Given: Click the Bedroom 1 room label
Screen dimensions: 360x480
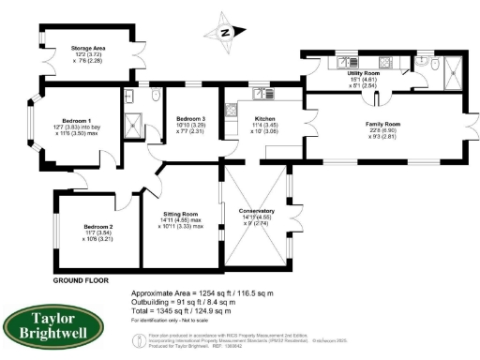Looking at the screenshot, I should click(x=76, y=121).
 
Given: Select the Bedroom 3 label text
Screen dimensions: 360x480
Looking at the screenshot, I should click(x=190, y=117).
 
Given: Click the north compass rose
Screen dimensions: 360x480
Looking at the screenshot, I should click(x=224, y=32).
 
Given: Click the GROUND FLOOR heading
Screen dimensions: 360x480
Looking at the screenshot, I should click(x=80, y=279).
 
